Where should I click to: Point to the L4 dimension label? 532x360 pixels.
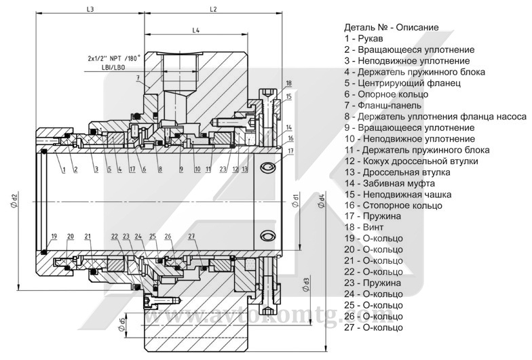pyautogui.click(x=195, y=31)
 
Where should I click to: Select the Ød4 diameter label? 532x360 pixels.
pyautogui.click(x=321, y=201)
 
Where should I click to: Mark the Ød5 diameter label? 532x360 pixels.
pyautogui.click(x=122, y=325)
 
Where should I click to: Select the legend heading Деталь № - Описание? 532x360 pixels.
pyautogui.click(x=392, y=28)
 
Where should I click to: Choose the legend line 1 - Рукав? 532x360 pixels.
pyautogui.click(x=364, y=39)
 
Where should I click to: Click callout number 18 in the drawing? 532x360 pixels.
pyautogui.click(x=289, y=83)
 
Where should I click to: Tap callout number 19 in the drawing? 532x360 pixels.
pyautogui.click(x=54, y=236)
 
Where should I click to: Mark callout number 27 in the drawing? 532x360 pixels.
pyautogui.click(x=192, y=236)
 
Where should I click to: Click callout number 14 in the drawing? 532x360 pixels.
pyautogui.click(x=289, y=127)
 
